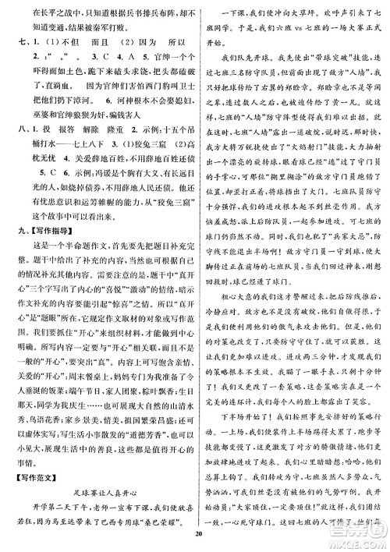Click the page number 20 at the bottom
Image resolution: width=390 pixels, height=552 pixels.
[x=195, y=533]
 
